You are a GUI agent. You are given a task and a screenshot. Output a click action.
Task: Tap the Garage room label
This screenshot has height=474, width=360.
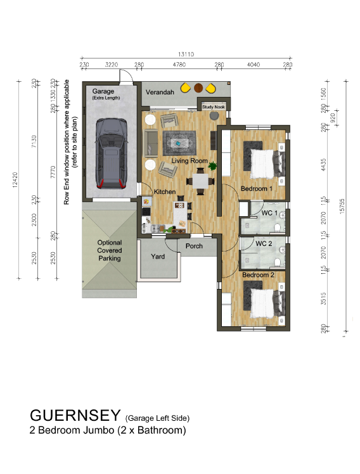(103, 91)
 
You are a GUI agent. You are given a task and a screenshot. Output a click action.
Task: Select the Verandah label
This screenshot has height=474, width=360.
(160, 93)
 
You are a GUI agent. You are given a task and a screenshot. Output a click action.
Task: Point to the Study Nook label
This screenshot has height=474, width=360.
(214, 107)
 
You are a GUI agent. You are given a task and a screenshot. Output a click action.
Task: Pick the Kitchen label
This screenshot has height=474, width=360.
(164, 191)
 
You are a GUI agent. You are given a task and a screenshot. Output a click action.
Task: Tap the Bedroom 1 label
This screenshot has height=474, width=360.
(256, 188)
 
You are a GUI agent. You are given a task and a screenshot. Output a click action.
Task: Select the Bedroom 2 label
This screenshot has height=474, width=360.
(258, 275)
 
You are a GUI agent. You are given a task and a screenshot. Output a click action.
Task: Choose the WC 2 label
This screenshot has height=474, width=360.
(264, 243)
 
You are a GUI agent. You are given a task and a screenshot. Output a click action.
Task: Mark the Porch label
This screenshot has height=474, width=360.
(194, 246)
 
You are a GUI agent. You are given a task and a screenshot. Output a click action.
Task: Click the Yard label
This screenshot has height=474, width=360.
(157, 257)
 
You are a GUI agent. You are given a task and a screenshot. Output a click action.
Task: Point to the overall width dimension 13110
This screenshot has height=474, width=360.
(186, 54)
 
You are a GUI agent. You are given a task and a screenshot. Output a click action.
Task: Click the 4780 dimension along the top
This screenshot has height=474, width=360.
(179, 65)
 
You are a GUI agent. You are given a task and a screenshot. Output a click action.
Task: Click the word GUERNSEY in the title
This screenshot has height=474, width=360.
(75, 416)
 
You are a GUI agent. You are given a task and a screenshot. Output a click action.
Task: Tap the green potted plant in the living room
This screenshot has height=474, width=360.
(213, 166)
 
